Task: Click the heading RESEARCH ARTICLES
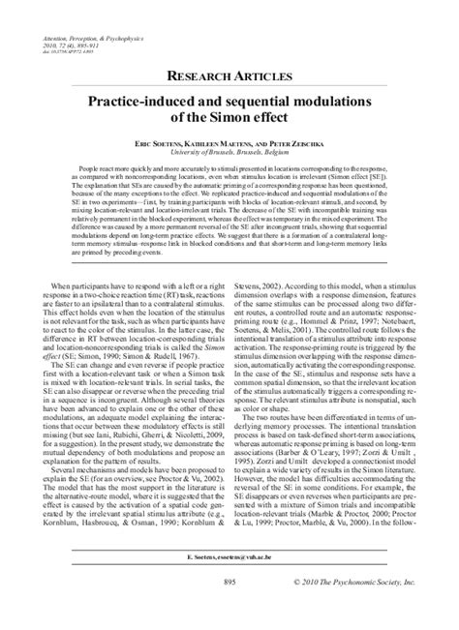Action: click(x=229, y=76)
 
